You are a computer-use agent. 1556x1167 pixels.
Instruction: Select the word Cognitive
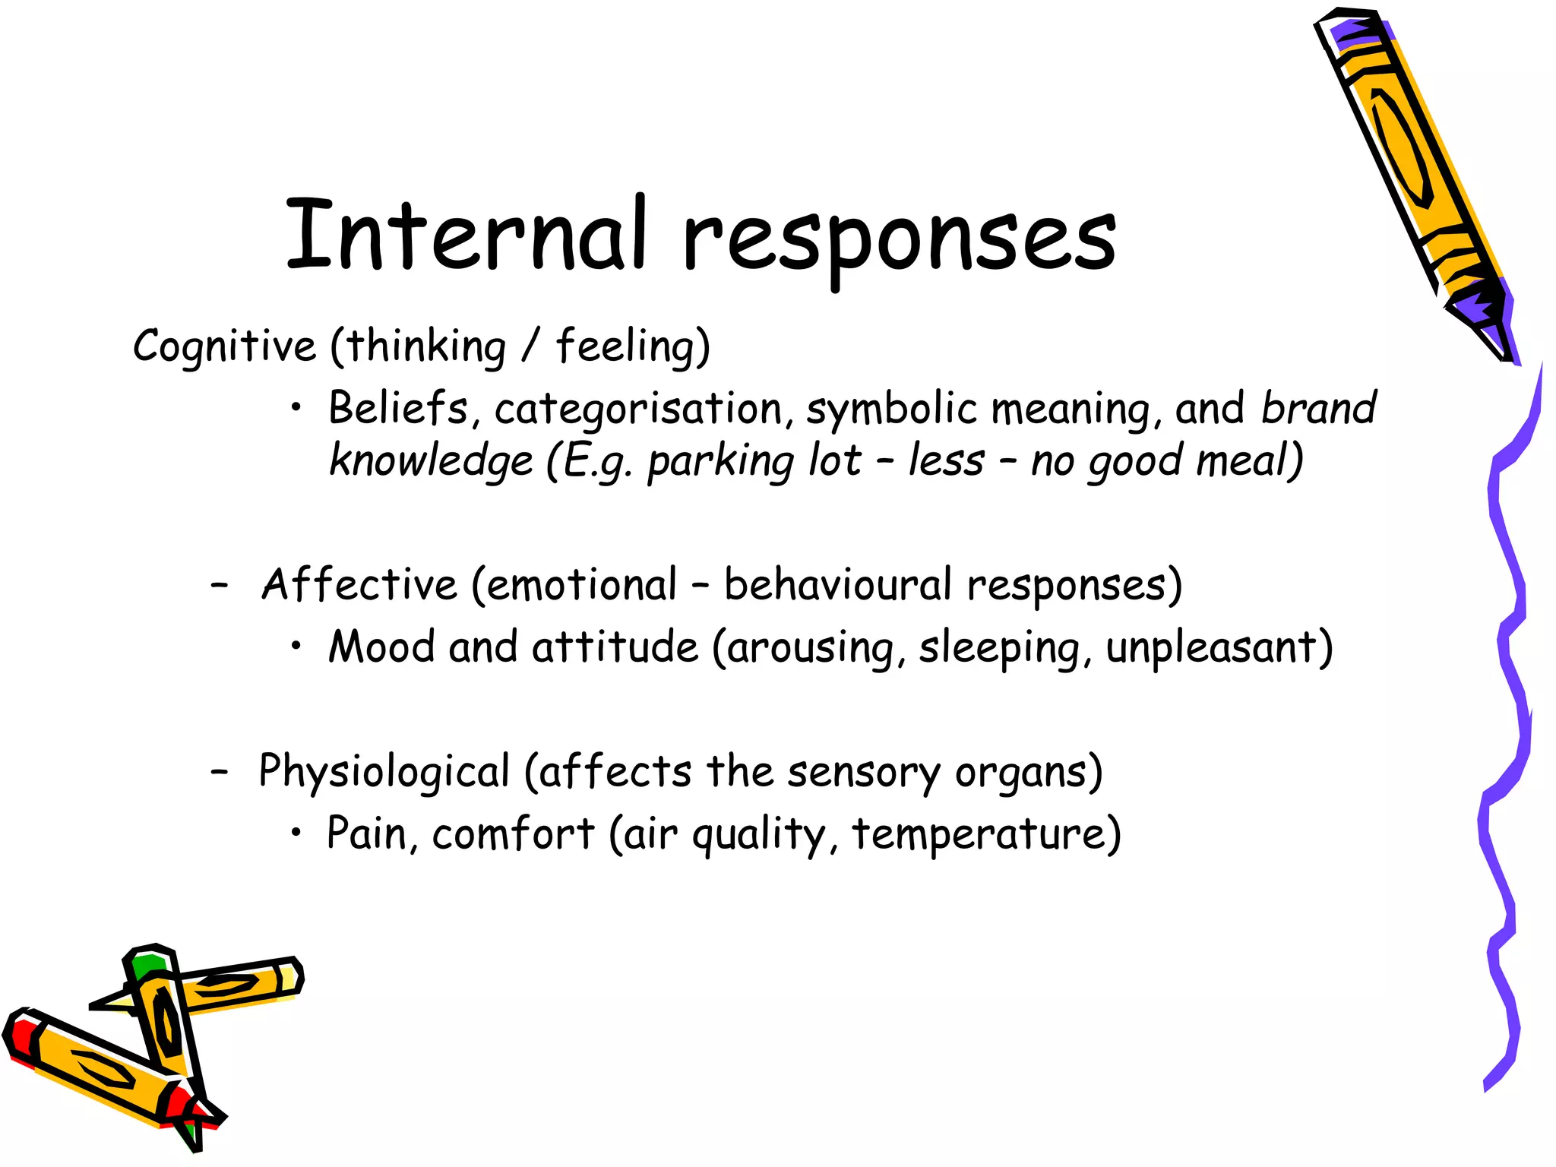pos(224,346)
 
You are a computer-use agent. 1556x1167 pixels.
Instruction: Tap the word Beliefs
pos(398,408)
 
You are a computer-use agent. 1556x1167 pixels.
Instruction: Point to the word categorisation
pos(638,410)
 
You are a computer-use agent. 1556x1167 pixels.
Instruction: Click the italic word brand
pos(1318,408)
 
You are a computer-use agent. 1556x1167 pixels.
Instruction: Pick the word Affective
pos(359,585)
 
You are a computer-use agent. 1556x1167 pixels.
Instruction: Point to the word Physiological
pos(384,772)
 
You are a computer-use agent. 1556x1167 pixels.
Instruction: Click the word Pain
pos(366,833)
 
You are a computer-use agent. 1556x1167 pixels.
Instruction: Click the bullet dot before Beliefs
pos(297,410)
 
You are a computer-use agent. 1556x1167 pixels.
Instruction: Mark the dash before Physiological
pos(220,772)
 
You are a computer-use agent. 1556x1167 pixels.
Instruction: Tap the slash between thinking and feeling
pos(530,346)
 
